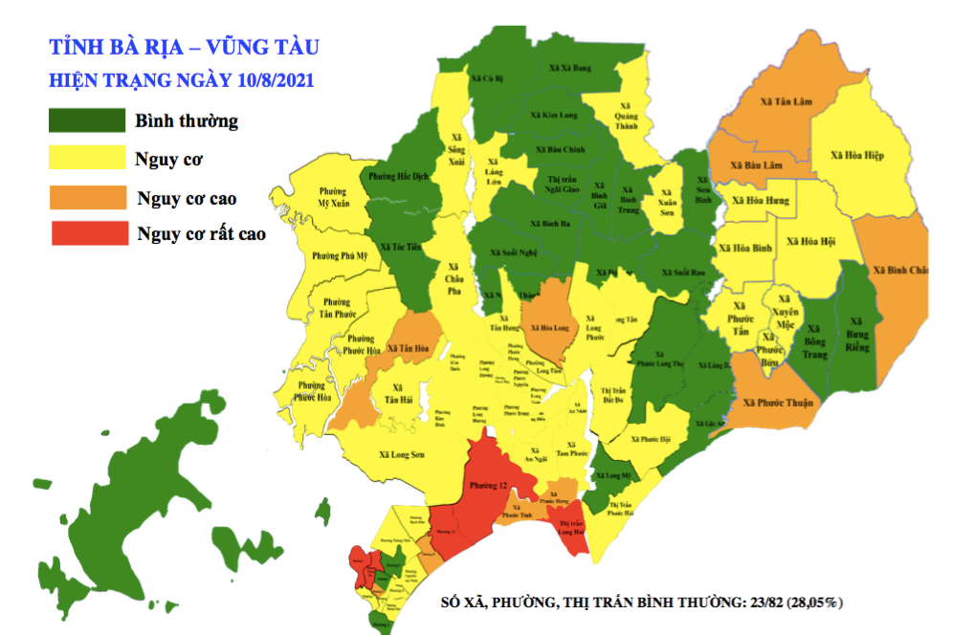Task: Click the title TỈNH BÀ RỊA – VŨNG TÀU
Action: pyautogui.click(x=185, y=45)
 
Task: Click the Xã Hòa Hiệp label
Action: pyautogui.click(x=856, y=155)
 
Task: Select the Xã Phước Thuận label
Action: pyautogui.click(x=787, y=403)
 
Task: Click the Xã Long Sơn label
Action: pyautogui.click(x=402, y=455)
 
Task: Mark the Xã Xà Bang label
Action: pyautogui.click(x=571, y=68)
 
